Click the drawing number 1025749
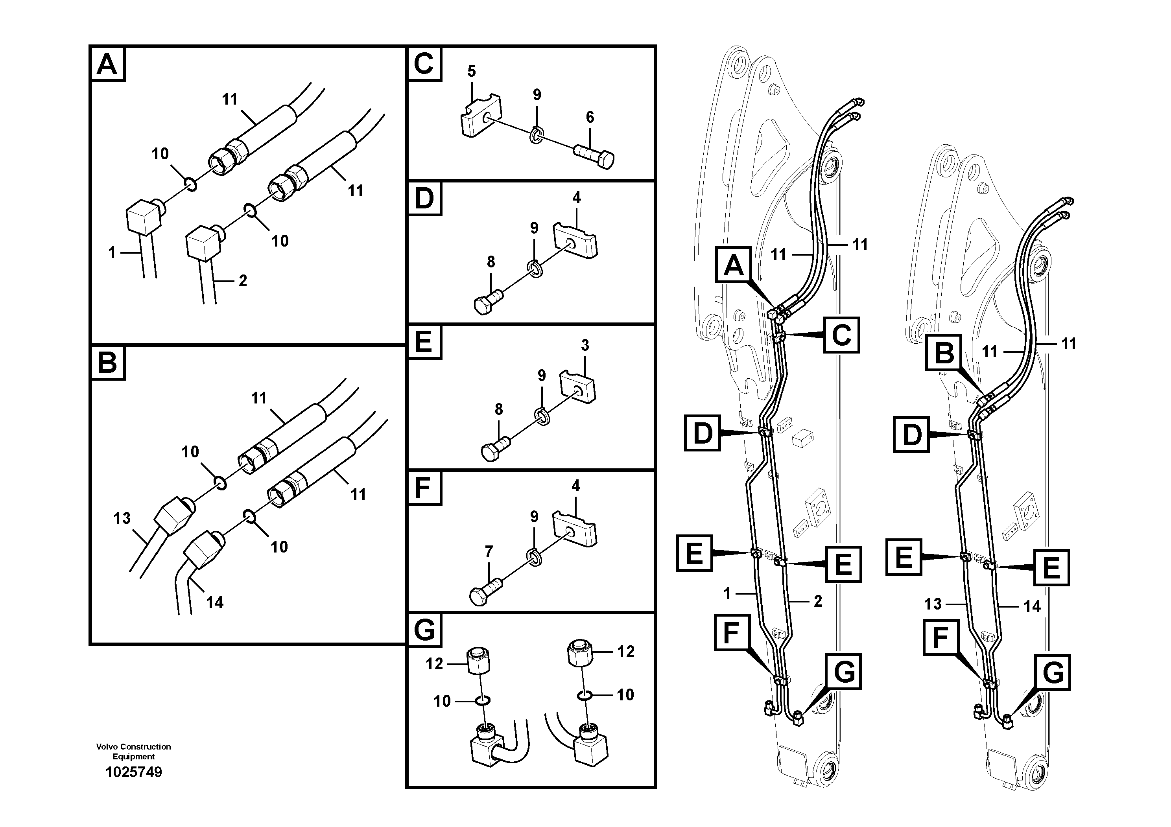point(134,772)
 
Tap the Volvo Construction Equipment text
point(134,751)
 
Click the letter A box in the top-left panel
point(107,64)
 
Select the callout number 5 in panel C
point(471,72)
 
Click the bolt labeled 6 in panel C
point(595,156)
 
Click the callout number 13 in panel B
point(122,519)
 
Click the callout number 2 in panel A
point(243,280)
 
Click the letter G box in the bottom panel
point(424,631)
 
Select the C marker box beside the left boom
point(841,335)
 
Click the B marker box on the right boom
point(944,352)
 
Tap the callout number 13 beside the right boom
point(933,604)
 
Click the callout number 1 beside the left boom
point(727,593)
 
